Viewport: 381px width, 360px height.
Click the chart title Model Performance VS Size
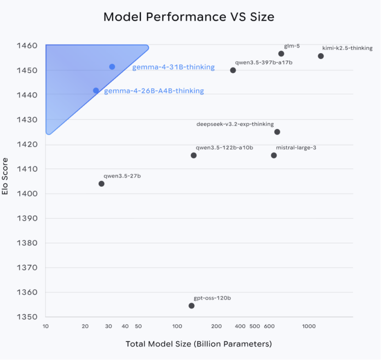[189, 17]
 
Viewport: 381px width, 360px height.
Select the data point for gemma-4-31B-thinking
[112, 67]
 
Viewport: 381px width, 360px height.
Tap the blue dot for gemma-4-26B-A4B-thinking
[96, 91]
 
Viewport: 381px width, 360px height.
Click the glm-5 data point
[281, 54]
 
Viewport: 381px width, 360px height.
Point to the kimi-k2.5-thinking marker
[321, 56]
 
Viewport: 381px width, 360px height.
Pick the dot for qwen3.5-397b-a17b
[233, 70]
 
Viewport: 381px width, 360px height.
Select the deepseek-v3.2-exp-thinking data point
[277, 132]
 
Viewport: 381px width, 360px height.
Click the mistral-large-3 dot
[274, 155]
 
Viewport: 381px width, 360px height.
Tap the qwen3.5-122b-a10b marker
[194, 155]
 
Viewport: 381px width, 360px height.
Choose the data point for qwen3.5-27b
[101, 184]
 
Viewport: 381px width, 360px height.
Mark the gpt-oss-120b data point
[191, 306]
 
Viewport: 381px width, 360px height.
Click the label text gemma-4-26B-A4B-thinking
[154, 91]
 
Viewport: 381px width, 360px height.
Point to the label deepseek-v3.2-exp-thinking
[235, 124]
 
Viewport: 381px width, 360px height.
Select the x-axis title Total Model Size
[199, 344]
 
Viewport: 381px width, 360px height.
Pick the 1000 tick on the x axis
[308, 326]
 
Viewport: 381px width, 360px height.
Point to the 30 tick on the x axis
[108, 326]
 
